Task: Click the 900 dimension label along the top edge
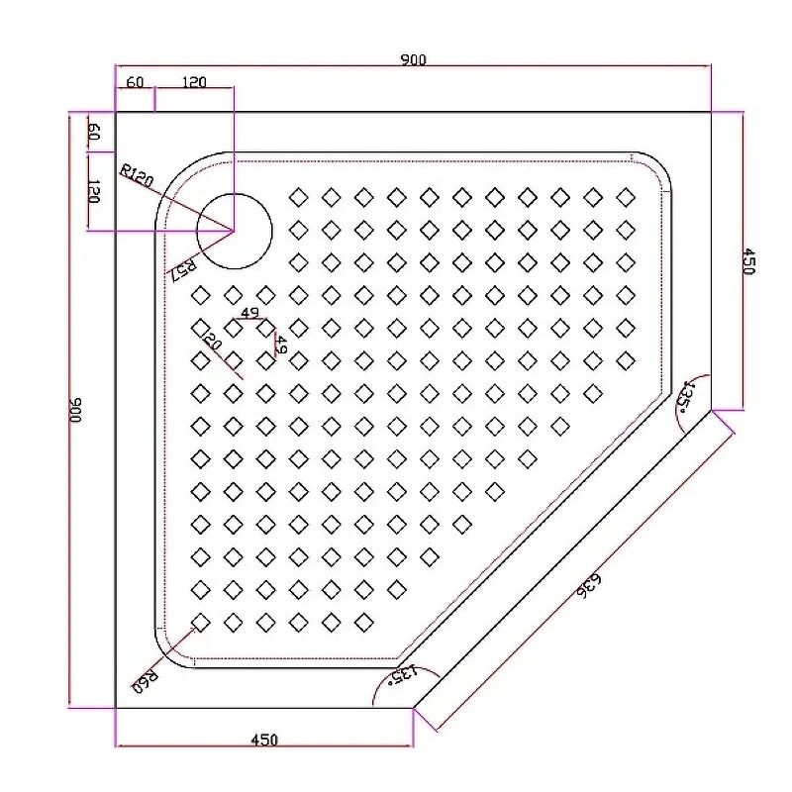pyautogui.click(x=414, y=59)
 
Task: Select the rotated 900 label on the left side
pyautogui.click(x=74, y=410)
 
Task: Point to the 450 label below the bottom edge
pyautogui.click(x=264, y=740)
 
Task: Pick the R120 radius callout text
pyautogui.click(x=137, y=177)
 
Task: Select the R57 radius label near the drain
pyautogui.click(x=183, y=267)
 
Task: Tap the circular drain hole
pyautogui.click(x=234, y=231)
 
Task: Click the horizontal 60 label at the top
pyautogui.click(x=136, y=82)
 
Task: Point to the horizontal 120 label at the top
pyautogui.click(x=194, y=82)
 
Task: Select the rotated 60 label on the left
pyautogui.click(x=94, y=133)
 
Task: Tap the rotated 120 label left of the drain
pyautogui.click(x=94, y=191)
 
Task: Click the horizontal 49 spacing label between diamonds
pyautogui.click(x=250, y=314)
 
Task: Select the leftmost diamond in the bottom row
pyautogui.click(x=200, y=622)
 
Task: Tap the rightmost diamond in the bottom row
pyautogui.click(x=363, y=622)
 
